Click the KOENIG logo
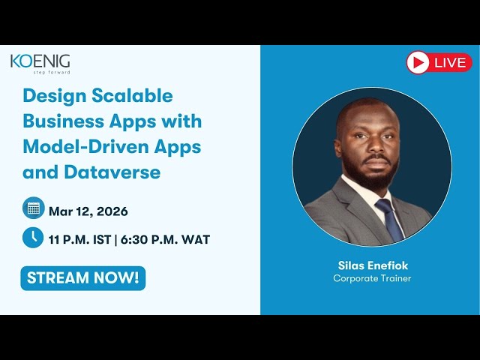tap(40, 61)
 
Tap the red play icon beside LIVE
tap(418, 62)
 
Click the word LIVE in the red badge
tap(449, 62)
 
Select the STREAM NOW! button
tap(82, 277)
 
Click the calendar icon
tap(33, 208)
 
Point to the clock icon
tap(33, 238)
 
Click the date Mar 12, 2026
tap(88, 211)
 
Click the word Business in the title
tap(59, 121)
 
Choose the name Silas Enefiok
tap(373, 265)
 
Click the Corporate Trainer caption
tap(373, 278)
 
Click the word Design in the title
tap(49, 96)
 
